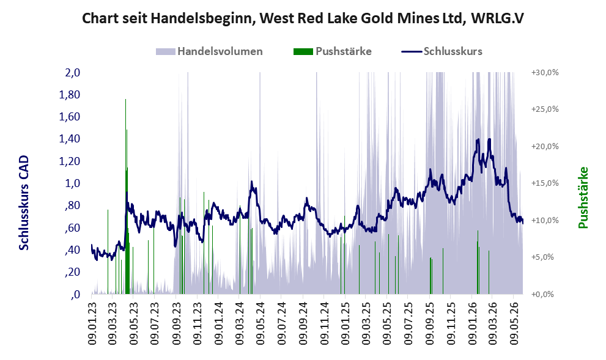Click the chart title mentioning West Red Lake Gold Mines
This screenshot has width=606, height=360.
(303, 18)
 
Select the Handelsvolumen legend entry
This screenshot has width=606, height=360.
(209, 51)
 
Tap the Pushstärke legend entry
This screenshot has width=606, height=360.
(333, 51)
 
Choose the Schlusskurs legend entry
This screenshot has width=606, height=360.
(442, 51)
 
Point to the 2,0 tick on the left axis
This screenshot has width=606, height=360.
(72, 73)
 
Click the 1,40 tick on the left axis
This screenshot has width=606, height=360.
(69, 139)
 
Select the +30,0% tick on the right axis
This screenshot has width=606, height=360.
(545, 73)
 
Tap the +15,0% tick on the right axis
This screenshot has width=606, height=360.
(545, 183)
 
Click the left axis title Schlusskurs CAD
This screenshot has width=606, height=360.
(24, 202)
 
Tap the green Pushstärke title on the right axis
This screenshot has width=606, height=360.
(583, 197)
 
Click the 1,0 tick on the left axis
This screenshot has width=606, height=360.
(72, 183)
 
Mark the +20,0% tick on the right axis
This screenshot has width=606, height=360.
(545, 147)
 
